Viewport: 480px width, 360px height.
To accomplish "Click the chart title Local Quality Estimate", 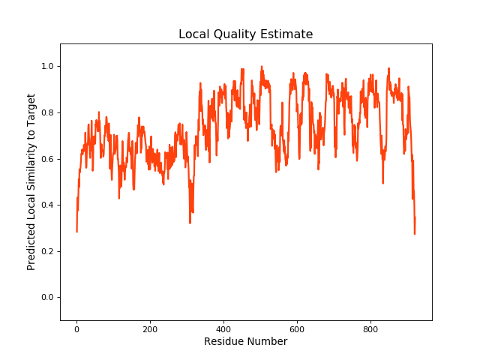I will [245, 34].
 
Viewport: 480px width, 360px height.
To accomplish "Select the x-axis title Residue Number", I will [245, 342].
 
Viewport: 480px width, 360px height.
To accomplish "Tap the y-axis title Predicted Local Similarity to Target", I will [31, 182].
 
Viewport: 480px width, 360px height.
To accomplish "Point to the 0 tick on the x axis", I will [76, 328].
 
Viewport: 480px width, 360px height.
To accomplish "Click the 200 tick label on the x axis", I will [150, 328].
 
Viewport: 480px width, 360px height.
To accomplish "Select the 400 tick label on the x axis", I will [223, 328].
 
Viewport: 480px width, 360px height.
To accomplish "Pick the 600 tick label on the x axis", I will [297, 328].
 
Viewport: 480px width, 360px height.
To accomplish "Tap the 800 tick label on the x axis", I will [370, 328].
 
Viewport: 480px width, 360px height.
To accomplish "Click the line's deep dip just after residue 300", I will [190, 222].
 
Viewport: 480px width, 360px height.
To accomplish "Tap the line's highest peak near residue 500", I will [262, 67].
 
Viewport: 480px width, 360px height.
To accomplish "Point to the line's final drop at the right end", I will [414, 232].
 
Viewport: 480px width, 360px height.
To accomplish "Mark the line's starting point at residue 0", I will [76, 231].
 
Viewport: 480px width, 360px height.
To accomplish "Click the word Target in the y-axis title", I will [31, 109].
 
